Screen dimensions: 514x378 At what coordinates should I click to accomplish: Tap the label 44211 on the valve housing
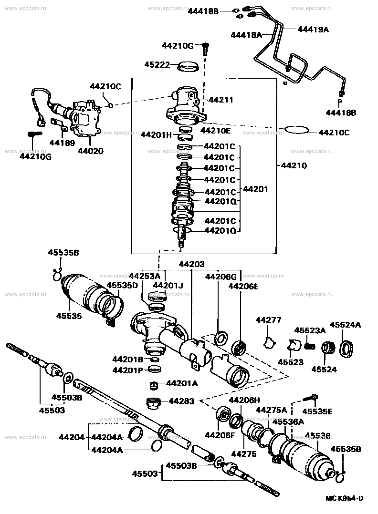point(221,100)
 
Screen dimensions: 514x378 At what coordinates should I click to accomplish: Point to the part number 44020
point(91,151)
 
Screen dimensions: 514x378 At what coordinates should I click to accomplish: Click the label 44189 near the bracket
point(60,142)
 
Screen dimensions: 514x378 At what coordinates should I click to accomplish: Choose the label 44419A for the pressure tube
point(313,29)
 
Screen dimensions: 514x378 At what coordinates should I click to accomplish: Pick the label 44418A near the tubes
point(246,34)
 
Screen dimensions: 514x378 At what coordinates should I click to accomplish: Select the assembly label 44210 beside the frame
point(294,166)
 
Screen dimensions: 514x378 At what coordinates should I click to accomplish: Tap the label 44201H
point(155,135)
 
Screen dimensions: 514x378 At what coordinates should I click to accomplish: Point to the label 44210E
point(215,130)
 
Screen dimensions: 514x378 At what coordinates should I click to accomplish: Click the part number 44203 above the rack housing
point(191,264)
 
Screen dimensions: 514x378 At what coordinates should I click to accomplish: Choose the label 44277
point(268,320)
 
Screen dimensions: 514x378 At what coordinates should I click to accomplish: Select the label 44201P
point(128,370)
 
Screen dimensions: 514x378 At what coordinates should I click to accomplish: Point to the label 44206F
point(220,434)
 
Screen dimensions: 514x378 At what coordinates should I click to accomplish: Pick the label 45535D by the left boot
point(122,285)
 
